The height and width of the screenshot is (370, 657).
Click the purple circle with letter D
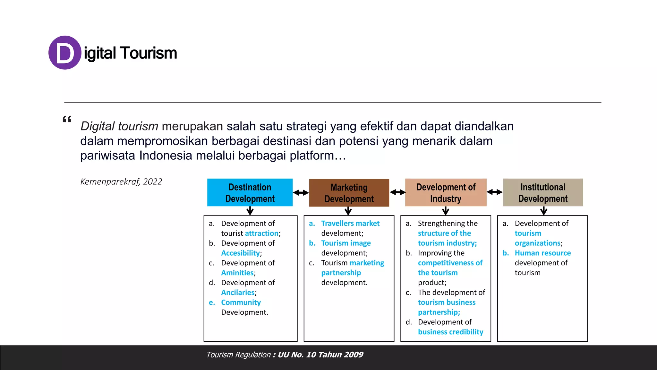(65, 53)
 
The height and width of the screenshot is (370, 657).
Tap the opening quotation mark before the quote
(67, 120)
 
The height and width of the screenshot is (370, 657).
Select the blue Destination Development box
(250, 192)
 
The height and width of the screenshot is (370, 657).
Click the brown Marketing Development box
(349, 193)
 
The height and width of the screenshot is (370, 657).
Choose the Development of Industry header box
(446, 192)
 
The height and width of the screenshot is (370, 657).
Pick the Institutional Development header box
(543, 192)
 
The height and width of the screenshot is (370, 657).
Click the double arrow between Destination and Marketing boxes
(301, 193)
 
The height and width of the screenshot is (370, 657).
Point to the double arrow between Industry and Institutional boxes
(495, 192)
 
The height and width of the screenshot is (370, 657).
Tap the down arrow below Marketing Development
(348, 211)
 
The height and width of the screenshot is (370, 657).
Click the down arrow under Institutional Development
(543, 211)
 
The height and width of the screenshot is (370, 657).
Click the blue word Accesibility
(240, 253)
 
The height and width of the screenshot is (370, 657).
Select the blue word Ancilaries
(238, 293)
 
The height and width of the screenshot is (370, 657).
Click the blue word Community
(241, 303)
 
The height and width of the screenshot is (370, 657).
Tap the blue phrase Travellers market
(350, 224)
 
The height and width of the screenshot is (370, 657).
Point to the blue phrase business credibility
(450, 332)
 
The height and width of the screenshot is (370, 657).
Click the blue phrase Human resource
(543, 253)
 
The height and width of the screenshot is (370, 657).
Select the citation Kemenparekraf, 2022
(121, 182)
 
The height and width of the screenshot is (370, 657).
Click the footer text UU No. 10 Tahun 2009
(320, 355)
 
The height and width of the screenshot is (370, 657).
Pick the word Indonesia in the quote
(166, 155)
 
